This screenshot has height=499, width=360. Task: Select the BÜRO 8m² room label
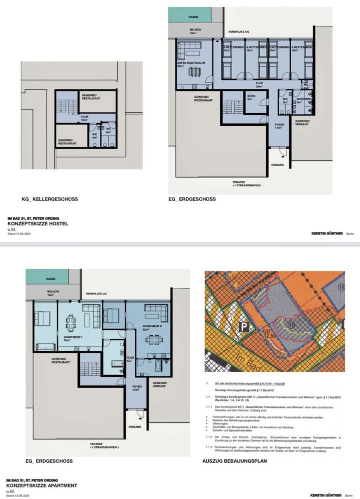250,97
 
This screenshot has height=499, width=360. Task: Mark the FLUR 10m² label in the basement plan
84,119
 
